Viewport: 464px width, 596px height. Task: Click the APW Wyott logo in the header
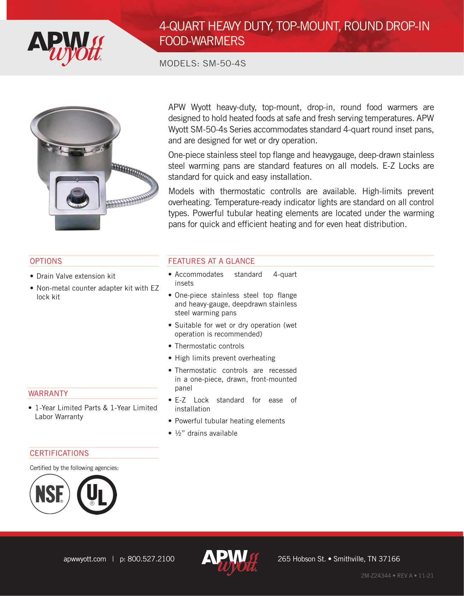tap(66, 48)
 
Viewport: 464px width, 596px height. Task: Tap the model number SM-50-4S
tap(224, 64)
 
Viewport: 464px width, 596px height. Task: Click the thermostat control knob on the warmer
tap(77, 196)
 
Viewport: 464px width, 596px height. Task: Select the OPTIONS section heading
tap(46, 261)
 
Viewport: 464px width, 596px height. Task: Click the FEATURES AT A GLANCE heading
tap(211, 261)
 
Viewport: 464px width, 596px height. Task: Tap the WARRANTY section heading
tap(48, 394)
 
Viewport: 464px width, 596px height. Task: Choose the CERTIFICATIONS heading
tap(59, 453)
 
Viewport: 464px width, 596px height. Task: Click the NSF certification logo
tap(50, 494)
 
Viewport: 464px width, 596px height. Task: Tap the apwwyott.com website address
tap(85, 559)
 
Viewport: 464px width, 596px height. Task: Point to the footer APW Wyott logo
tap(230, 561)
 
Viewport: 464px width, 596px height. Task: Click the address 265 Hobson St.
tap(301, 559)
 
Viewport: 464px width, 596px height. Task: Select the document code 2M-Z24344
tap(376, 576)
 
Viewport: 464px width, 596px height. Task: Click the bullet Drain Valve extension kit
tap(76, 276)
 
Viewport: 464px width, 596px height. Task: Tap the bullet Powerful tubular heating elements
tap(230, 421)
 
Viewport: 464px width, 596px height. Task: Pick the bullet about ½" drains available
tap(206, 433)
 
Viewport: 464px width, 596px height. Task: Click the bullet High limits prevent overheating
tap(225, 358)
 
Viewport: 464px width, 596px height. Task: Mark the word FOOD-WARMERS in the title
tap(202, 41)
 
